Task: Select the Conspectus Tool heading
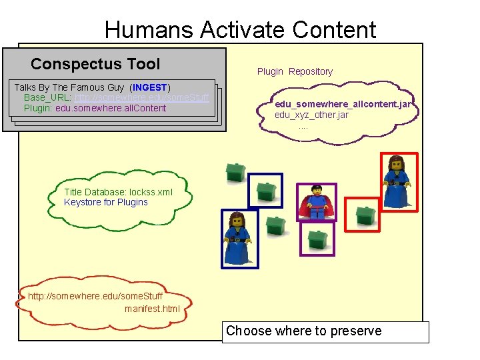click(x=95, y=64)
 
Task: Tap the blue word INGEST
click(x=150, y=87)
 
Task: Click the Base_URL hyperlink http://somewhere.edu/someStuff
click(x=141, y=97)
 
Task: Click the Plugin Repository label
click(x=295, y=71)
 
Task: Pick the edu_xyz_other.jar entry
click(x=311, y=115)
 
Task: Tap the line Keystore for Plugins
click(x=106, y=202)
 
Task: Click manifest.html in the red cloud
click(x=152, y=308)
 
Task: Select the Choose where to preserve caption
click(x=304, y=331)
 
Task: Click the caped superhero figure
click(x=315, y=201)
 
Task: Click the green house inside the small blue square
click(x=266, y=191)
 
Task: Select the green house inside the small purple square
click(x=317, y=238)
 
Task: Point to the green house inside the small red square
click(x=365, y=215)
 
